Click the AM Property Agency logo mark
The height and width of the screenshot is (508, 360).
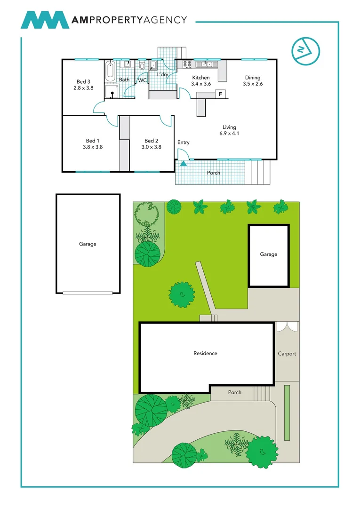pos(45,20)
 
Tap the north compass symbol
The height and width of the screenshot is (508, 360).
pos(305,50)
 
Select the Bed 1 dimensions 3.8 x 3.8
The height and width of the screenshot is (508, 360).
pos(92,147)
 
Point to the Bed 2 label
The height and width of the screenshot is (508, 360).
pos(151,141)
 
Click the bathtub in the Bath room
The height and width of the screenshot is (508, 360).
pos(111,71)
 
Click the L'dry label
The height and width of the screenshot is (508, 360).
pos(162,75)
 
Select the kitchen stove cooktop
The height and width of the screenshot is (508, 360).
pos(186,64)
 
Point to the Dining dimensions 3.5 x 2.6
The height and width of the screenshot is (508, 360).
pos(252,84)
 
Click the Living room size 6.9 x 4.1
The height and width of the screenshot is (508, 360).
pos(229,133)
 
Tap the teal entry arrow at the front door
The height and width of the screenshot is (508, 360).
pos(183,164)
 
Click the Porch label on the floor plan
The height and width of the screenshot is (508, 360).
pos(214,173)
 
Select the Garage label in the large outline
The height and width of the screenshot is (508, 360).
pos(88,244)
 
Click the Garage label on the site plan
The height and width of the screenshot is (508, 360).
pos(269,254)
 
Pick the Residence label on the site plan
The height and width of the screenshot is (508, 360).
pos(205,353)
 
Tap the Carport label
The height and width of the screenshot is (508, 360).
pos(287,354)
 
